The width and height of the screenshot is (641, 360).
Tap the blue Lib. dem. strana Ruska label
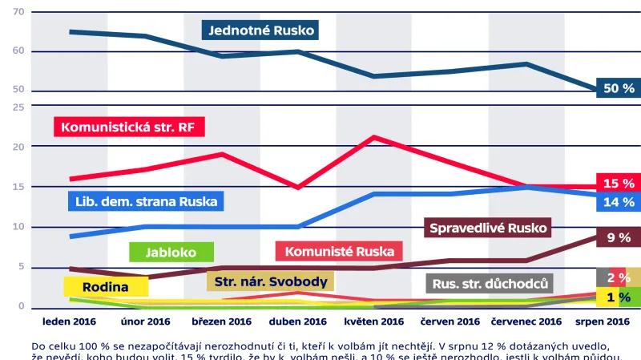coord(145,200)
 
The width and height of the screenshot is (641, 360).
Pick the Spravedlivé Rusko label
coord(488,229)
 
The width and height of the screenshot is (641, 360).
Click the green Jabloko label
coord(171,252)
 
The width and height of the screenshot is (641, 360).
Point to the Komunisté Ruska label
coord(339,252)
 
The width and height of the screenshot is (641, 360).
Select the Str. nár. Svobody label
coord(270,281)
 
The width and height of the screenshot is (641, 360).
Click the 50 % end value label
coord(618,88)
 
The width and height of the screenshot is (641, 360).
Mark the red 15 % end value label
coord(618,184)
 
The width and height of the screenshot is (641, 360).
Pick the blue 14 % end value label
coord(618,202)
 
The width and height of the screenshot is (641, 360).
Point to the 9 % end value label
coord(618,237)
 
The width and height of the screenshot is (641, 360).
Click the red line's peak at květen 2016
coord(373,137)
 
